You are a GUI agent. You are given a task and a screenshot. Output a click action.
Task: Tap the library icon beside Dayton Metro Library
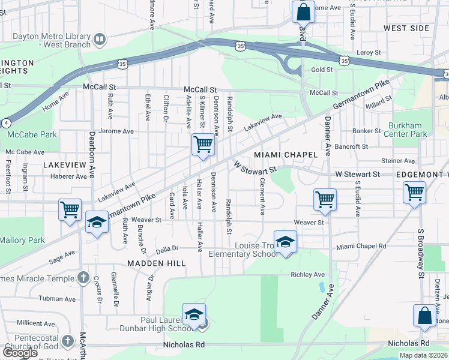[x=99, y=40]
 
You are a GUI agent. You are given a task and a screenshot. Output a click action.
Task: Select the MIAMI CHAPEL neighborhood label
[x=285, y=155]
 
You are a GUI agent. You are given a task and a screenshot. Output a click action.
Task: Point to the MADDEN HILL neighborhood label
[x=149, y=263]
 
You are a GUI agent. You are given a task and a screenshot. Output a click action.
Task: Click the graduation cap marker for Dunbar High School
[x=194, y=315]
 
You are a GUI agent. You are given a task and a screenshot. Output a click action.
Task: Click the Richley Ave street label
[x=307, y=274]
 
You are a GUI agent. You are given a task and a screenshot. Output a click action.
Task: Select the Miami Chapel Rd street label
[x=360, y=247]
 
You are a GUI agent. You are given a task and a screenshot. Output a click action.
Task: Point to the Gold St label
[x=322, y=70]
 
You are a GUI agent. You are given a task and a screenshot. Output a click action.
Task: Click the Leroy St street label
[x=369, y=53]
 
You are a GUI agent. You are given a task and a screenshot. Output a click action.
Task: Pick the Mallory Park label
[x=22, y=240]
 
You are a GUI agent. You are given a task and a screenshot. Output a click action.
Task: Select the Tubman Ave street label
[x=55, y=298]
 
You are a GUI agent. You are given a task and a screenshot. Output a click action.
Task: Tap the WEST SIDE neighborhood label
[x=406, y=28]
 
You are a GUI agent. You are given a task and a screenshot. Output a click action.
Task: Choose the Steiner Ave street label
[x=397, y=161]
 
